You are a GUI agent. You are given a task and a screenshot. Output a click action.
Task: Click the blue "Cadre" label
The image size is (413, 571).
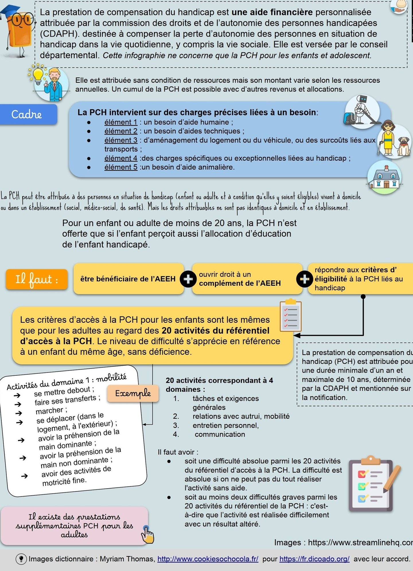[28, 114]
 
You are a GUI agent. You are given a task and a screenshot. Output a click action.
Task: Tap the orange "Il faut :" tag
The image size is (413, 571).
[37, 279]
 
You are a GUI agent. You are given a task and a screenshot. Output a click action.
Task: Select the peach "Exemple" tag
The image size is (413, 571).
[133, 393]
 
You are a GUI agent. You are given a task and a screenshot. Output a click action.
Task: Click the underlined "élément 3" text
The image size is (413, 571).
[121, 140]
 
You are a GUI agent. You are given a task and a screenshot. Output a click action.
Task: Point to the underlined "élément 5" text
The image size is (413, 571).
[121, 167]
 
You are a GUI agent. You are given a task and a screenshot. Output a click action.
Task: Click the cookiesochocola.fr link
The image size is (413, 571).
[208, 559]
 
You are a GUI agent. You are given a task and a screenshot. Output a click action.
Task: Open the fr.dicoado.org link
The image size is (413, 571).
[314, 559]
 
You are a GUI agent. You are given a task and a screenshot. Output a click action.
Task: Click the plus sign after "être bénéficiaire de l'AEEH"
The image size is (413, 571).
[188, 279]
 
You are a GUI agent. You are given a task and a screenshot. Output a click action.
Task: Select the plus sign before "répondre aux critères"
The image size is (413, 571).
[304, 279]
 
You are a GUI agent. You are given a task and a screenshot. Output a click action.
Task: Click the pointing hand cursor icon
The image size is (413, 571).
[148, 535]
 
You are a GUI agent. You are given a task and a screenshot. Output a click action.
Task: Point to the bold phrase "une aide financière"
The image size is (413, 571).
[272, 12]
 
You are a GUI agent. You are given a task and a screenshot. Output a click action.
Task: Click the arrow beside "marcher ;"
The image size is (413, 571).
[19, 413]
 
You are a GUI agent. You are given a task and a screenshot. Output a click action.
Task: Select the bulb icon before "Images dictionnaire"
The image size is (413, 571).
[21, 559]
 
